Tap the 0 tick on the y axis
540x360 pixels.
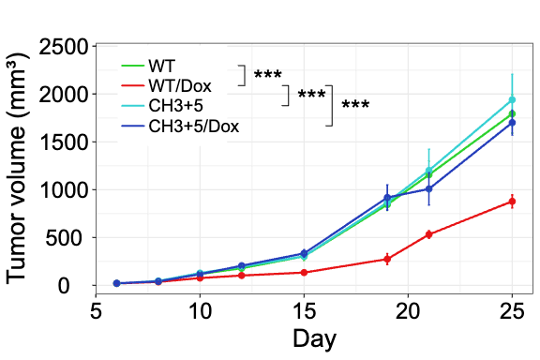point(82,285)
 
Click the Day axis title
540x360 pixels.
point(314,338)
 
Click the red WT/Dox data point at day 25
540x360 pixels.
point(512,202)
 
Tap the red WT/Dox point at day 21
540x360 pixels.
point(428,234)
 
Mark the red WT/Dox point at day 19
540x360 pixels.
point(387,259)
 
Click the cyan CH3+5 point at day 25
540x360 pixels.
point(512,99)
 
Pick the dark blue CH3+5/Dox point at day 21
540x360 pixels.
point(428,188)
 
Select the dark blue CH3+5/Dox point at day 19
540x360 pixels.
point(387,198)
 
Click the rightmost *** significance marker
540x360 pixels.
point(355,106)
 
